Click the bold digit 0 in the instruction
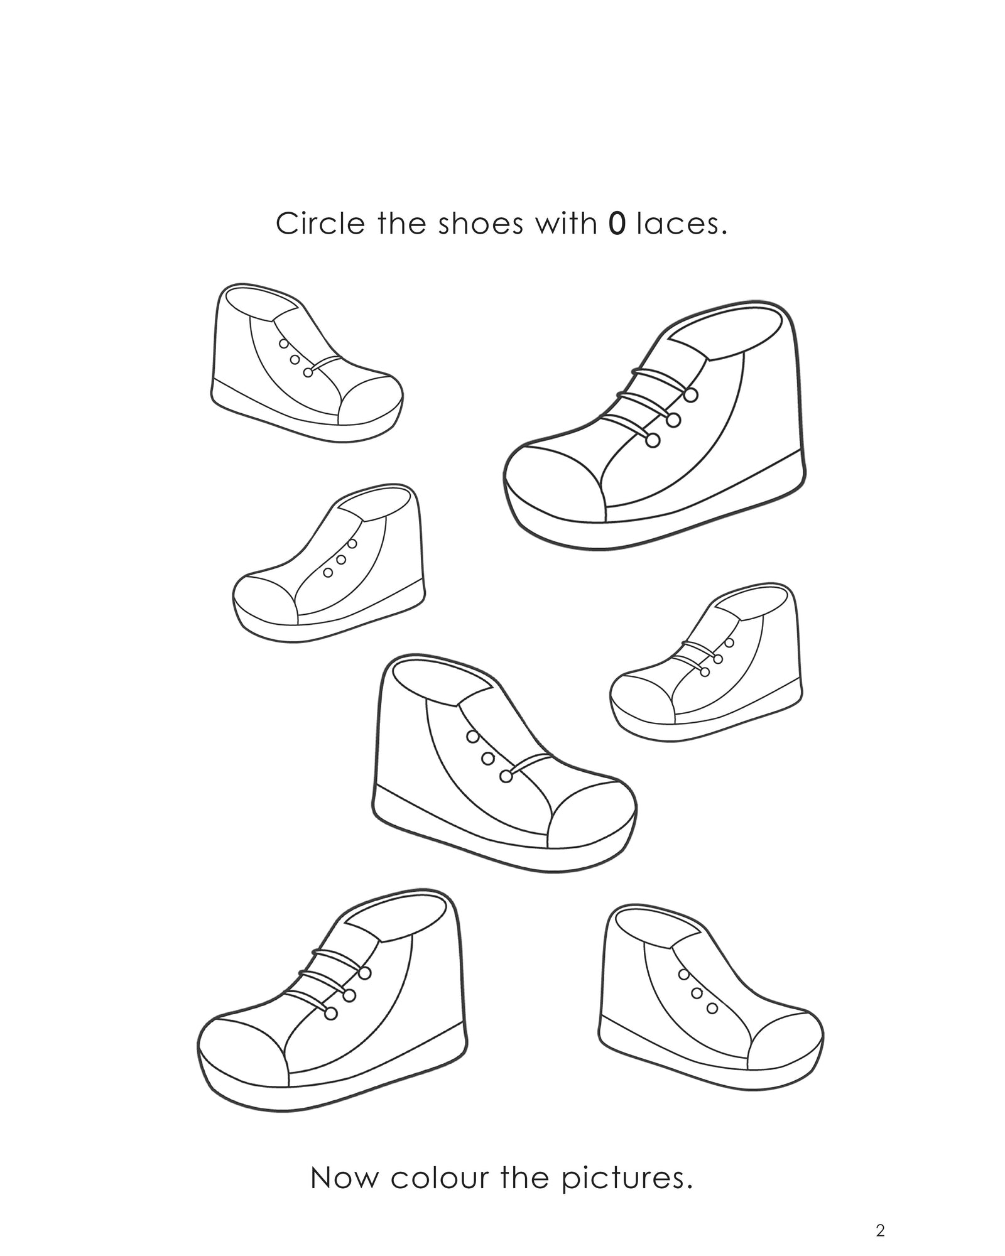[617, 224]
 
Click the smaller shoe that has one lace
[305, 364]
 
